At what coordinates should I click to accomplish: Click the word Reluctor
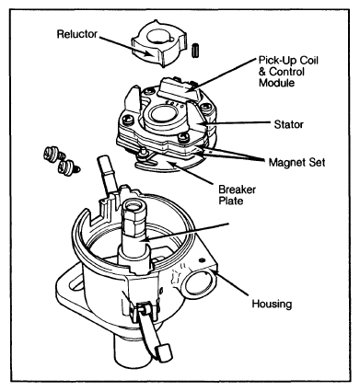tap(77, 34)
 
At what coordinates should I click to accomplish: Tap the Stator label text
tap(288, 124)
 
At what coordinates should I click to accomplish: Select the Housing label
tap(272, 304)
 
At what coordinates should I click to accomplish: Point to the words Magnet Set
tap(296, 162)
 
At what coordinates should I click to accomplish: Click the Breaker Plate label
tap(237, 195)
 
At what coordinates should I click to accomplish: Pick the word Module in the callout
tap(277, 83)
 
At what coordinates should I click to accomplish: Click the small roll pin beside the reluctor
tap(195, 51)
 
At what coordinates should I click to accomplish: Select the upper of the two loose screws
tap(52, 153)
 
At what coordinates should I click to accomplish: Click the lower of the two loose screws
tap(68, 167)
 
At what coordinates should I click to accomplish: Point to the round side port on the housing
tap(198, 282)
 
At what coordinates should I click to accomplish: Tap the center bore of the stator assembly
tap(162, 113)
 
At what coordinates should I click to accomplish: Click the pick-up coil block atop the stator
tap(177, 89)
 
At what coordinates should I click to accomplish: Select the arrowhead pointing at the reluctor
tap(151, 54)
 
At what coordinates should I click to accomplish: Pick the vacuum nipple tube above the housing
tap(106, 173)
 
